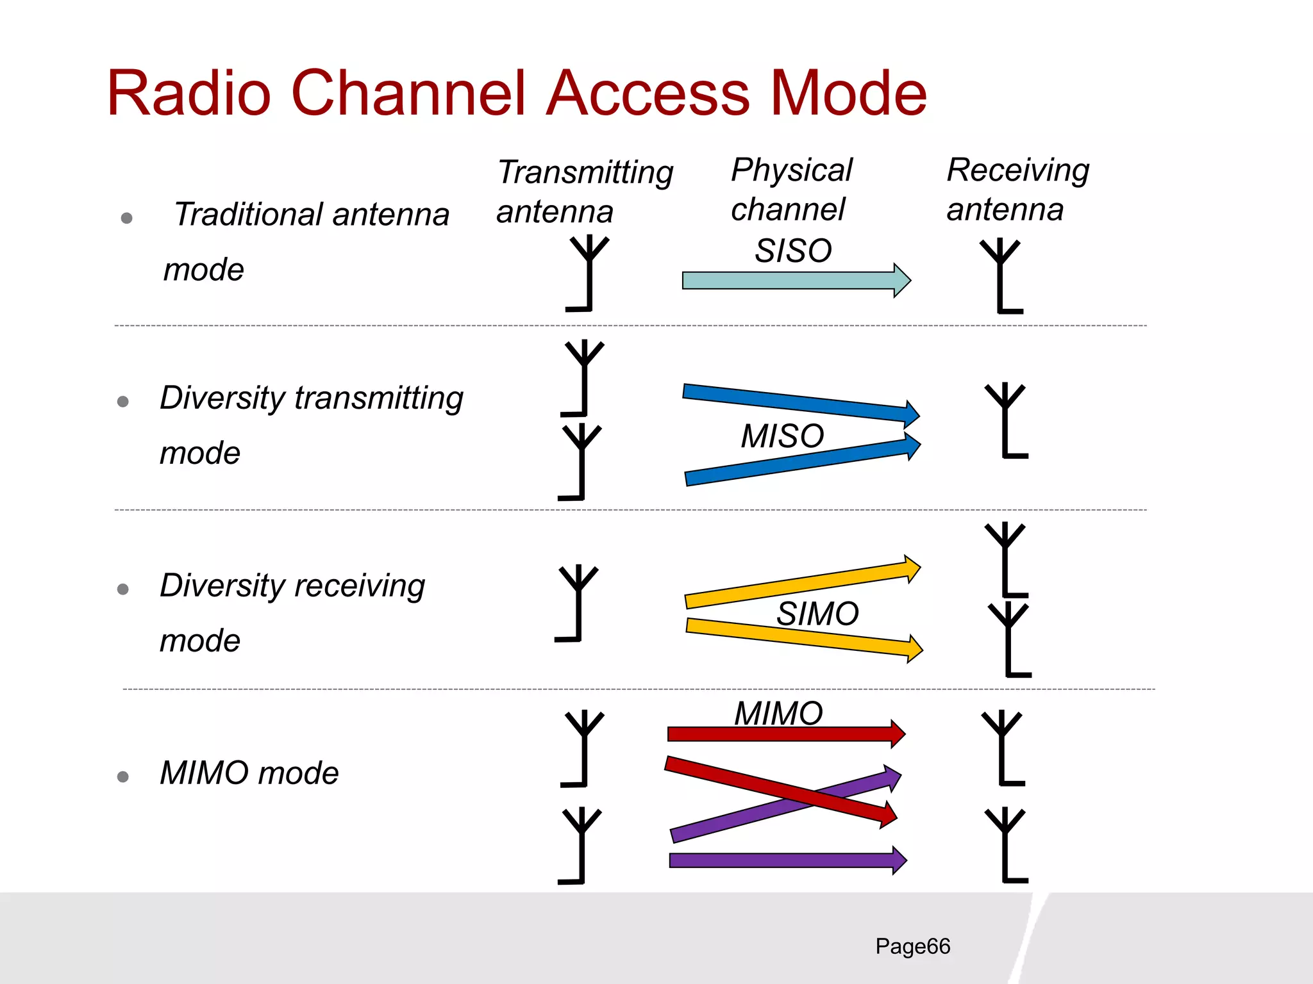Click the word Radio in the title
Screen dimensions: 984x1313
tap(189, 94)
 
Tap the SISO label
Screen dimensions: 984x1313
tap(793, 250)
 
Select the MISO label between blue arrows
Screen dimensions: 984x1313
tap(782, 436)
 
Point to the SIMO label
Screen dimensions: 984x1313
tap(817, 614)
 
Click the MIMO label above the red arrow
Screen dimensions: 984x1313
tap(778, 713)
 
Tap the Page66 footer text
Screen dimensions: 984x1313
tap(912, 946)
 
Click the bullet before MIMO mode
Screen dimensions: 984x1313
tap(123, 777)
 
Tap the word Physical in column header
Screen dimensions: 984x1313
tap(792, 170)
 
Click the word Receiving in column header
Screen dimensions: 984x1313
tap(1018, 170)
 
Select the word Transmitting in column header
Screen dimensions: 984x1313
tap(585, 172)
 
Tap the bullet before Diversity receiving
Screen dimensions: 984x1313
tap(123, 589)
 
